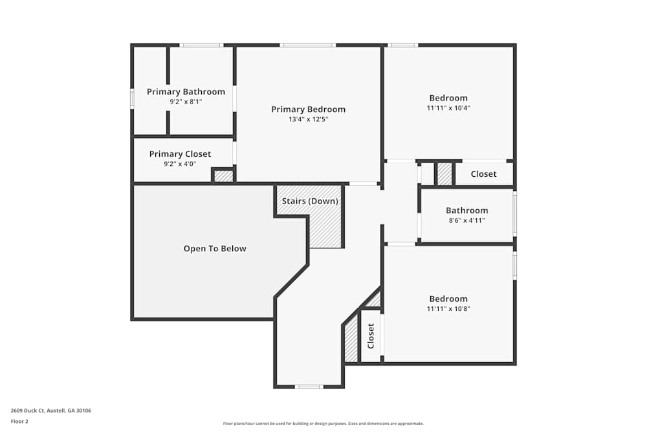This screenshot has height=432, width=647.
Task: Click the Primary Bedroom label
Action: click(308, 109)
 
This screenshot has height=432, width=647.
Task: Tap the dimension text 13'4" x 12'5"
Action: click(308, 119)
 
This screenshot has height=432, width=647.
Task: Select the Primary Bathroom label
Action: click(186, 92)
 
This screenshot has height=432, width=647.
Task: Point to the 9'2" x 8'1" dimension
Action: click(186, 102)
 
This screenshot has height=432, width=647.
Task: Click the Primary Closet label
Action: click(180, 154)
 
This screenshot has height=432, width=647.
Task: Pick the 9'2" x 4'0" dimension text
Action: click(180, 164)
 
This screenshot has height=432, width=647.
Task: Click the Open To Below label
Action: click(215, 249)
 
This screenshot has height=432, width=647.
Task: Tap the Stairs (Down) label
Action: click(310, 201)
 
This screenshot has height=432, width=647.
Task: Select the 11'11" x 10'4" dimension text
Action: click(448, 108)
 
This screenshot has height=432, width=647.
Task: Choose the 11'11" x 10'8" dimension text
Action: click(448, 309)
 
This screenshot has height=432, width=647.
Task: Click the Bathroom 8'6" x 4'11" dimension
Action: click(466, 220)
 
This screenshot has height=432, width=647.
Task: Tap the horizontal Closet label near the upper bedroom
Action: click(483, 174)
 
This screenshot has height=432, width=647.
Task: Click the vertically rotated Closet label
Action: click(371, 336)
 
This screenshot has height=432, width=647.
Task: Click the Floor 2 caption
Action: click(19, 421)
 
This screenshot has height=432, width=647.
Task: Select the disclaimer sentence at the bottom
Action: click(323, 424)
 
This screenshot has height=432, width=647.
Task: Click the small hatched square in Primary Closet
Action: click(223, 176)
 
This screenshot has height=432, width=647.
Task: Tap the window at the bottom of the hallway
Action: click(309, 387)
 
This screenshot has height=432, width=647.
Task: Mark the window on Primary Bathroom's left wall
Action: click(132, 98)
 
